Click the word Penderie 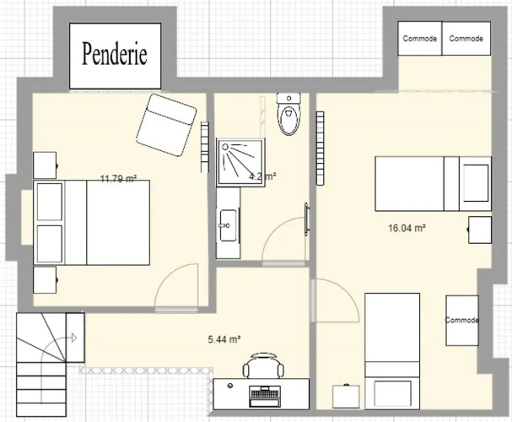114,53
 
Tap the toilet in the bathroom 288,114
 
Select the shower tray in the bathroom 240,162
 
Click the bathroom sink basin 228,225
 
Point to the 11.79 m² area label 118,179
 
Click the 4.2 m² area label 263,176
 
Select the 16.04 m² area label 407,228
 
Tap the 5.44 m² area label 224,339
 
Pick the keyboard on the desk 265,396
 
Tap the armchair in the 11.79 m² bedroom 166,125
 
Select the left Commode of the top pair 420,39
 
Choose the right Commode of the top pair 466,39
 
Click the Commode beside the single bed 462,321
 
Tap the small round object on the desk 230,386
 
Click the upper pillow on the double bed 50,202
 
